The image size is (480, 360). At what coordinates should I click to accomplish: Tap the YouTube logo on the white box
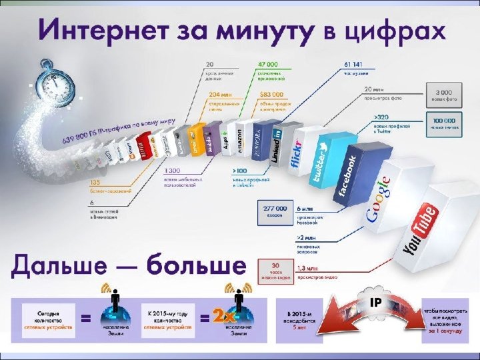click(421, 230)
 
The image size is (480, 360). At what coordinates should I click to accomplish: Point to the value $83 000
click(271, 95)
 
